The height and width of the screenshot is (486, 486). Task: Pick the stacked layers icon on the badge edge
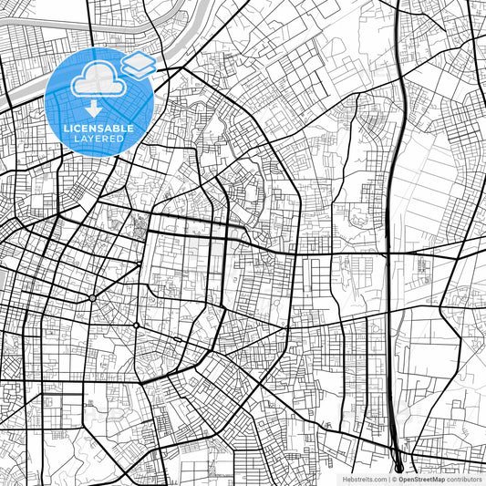pos(138,64)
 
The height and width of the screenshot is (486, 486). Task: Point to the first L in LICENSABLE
pos(62,129)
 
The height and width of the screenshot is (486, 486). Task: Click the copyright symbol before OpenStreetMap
pos(393,479)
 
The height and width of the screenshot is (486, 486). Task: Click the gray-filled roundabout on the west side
pos(92,298)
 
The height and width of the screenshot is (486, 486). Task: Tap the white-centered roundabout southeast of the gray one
pos(136,326)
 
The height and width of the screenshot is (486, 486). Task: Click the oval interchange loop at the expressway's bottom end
pos(398,467)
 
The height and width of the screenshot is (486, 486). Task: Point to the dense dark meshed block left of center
pos(140,224)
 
